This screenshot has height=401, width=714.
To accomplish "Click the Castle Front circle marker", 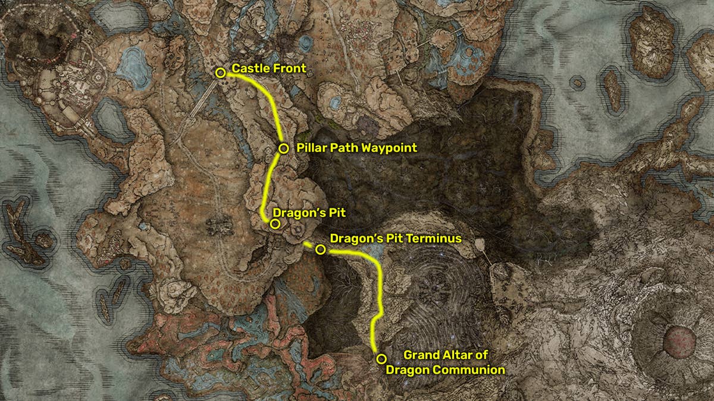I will tap(221, 73).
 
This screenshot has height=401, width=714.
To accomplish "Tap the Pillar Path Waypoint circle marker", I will tap(284, 148).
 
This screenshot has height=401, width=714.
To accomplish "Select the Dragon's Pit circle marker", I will tap(274, 224).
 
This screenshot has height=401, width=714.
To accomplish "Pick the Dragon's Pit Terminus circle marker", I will tap(320, 250).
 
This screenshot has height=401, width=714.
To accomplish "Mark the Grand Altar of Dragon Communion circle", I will tap(381, 358).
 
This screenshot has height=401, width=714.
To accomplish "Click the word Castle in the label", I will tap(249, 69).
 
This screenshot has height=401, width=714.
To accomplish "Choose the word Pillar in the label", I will tap(311, 148).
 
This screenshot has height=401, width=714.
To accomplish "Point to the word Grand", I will tap(421, 355).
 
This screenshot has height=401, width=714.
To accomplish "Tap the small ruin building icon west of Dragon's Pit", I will tap(218, 225).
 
